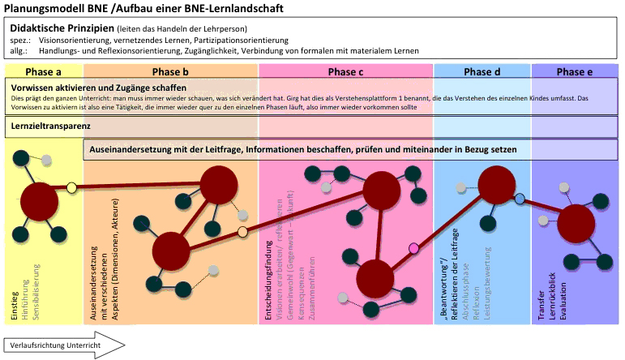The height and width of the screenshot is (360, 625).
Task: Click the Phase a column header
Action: (x=43, y=71)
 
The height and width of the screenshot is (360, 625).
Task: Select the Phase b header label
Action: (x=170, y=71)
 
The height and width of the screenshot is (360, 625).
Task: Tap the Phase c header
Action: (x=345, y=71)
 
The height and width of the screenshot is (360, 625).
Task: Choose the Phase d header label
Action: (x=482, y=71)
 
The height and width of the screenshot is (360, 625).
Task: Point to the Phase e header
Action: (x=575, y=71)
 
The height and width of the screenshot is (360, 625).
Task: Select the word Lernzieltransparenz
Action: (x=51, y=126)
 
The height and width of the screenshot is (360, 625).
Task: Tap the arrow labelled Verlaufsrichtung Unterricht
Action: (x=65, y=346)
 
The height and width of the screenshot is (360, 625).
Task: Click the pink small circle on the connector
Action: (x=414, y=248)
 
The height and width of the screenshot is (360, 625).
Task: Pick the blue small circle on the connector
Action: (x=520, y=199)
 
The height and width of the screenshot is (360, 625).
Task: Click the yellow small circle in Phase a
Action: (x=71, y=188)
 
